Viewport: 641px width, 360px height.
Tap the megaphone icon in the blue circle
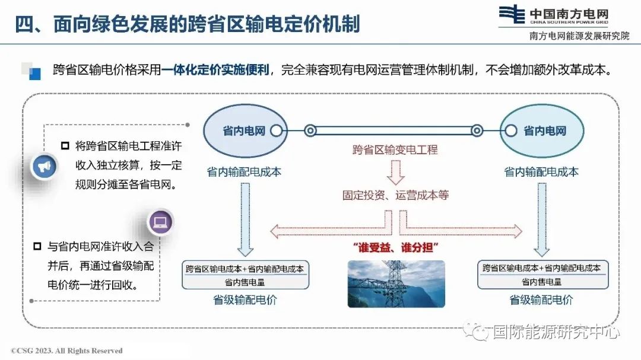coord(44,166)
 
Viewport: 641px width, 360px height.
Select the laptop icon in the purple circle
coord(160,222)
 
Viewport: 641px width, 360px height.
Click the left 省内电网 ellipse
coord(245,130)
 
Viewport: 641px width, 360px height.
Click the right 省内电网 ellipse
coord(542,130)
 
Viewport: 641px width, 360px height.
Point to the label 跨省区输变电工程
coord(395,150)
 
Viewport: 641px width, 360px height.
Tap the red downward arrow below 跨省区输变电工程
coord(396,172)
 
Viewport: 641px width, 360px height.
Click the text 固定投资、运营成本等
coord(396,195)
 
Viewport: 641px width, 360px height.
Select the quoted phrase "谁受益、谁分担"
coord(396,247)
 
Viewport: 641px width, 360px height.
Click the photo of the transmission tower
coord(396,283)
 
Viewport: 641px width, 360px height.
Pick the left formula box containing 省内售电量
coord(245,275)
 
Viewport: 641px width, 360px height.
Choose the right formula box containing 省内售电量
coord(543,274)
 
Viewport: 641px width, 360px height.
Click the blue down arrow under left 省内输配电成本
coord(245,219)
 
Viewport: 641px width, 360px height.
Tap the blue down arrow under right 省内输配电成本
coord(542,219)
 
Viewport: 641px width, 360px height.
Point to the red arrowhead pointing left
coord(275,231)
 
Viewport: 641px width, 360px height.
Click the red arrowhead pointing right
coord(518,231)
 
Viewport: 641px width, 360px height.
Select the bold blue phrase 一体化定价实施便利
coord(215,70)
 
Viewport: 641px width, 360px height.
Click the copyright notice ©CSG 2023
coord(66,351)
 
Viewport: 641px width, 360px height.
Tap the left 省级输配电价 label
coord(245,300)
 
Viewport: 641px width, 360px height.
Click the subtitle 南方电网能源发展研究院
coord(579,36)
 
